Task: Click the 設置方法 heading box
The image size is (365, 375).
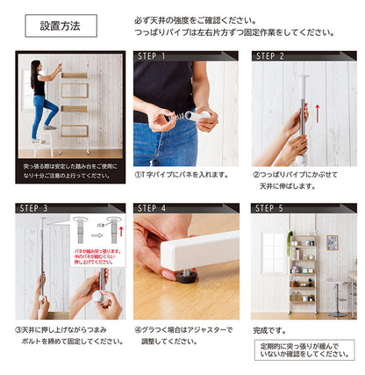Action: pos(61,25)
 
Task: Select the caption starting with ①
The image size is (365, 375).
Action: pos(181,174)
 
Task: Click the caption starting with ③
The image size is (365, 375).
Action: pos(68,335)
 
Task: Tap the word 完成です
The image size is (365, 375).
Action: pos(268,330)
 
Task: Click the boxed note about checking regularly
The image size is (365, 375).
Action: pos(304,350)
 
